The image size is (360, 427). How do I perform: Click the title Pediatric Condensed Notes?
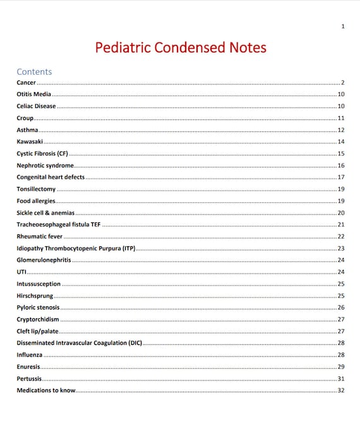[x=180, y=48]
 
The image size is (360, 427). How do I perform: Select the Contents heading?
[x=34, y=71]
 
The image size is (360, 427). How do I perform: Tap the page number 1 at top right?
[x=342, y=26]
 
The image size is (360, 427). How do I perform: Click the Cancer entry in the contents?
[x=27, y=83]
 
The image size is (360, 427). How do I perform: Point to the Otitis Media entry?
[x=34, y=94]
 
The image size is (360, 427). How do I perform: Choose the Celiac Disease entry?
[x=36, y=106]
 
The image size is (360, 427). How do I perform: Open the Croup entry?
[x=25, y=118]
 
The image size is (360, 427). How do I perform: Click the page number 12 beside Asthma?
[x=340, y=130]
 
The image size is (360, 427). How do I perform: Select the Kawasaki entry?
[x=30, y=141]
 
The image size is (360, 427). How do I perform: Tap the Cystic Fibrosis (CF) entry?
[x=42, y=153]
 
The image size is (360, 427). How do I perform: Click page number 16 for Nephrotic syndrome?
[x=340, y=165]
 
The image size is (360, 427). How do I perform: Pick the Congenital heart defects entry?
[x=51, y=177]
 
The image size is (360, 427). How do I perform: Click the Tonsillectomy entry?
[x=36, y=189]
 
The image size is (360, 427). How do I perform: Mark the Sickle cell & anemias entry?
[x=45, y=213]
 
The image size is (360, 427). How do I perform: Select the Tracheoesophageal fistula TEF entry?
[x=58, y=225]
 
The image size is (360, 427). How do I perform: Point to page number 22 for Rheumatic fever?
[x=340, y=236]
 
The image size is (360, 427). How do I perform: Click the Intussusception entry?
[x=39, y=284]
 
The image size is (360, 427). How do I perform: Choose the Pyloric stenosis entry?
[x=38, y=308]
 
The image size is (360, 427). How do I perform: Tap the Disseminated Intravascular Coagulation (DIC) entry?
[x=80, y=343]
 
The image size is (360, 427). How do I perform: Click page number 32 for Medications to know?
[x=340, y=391]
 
